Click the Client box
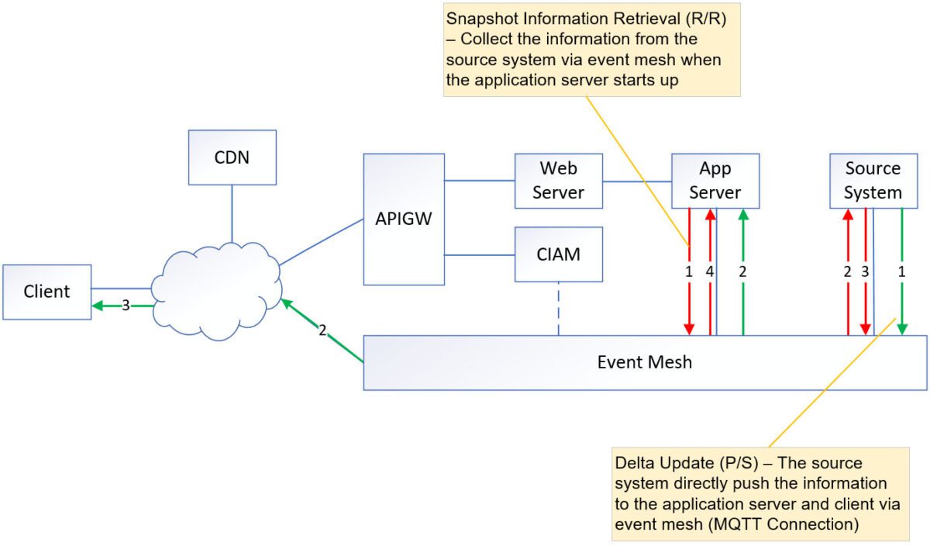46,292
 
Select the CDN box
232,157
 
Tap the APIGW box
404,219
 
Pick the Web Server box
558,181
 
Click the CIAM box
558,254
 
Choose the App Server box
715,181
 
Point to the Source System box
873,181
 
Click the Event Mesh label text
644,362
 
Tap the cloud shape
217,291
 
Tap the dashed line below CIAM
558,309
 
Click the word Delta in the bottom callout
633,463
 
